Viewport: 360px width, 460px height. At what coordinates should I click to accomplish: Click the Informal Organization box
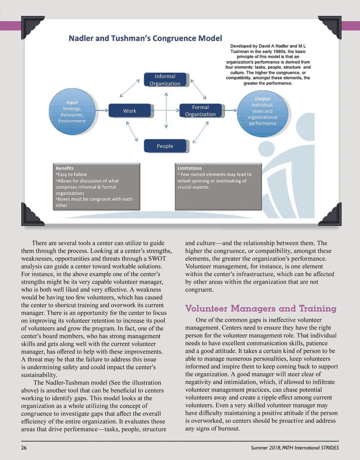[x=165, y=80]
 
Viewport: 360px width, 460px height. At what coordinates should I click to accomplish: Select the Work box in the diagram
[x=130, y=111]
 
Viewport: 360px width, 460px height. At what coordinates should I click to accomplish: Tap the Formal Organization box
[x=200, y=111]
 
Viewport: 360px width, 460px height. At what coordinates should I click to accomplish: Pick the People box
[x=165, y=146]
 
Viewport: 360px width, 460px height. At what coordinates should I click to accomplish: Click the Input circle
[x=72, y=112]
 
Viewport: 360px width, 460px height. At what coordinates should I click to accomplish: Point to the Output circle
[x=262, y=111]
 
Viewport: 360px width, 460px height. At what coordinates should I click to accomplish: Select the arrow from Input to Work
[x=102, y=110]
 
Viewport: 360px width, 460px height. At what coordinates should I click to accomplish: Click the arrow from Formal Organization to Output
[x=230, y=110]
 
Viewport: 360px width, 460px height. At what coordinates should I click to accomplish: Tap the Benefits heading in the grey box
[x=64, y=168]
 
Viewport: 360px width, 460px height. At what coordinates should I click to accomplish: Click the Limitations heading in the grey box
[x=190, y=168]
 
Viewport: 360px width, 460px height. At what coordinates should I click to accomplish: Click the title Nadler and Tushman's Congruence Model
[x=145, y=38]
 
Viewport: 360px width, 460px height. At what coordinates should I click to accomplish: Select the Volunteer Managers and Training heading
[x=261, y=308]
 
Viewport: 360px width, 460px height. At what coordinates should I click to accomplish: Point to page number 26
[x=24, y=448]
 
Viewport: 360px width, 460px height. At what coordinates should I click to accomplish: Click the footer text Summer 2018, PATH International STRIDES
[x=295, y=448]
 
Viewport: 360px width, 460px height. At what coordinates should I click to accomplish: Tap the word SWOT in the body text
[x=157, y=259]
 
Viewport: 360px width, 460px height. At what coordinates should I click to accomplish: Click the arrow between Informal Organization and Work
[x=130, y=88]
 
